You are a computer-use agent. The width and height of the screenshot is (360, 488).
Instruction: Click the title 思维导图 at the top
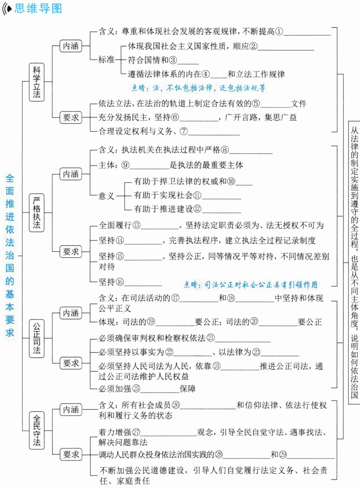tap(38, 8)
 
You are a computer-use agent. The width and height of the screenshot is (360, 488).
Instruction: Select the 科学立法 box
tap(37, 82)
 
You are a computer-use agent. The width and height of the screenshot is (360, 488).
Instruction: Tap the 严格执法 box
tap(37, 213)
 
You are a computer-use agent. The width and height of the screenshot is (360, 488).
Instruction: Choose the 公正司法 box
tap(37, 338)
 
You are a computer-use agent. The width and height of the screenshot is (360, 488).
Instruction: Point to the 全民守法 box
tap(37, 430)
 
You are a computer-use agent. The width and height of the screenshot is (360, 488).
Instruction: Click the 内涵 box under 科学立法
tap(71, 46)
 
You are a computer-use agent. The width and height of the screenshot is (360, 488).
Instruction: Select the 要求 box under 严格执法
tap(71, 251)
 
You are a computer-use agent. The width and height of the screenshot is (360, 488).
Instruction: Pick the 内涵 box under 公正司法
tap(71, 313)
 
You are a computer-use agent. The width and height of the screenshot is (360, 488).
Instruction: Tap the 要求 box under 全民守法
tap(71, 454)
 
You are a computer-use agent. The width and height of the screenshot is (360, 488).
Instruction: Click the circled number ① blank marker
tap(279, 31)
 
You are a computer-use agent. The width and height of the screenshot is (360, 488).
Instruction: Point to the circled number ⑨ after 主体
tap(125, 165)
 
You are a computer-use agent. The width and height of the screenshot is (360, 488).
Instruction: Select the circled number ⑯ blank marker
tap(120, 282)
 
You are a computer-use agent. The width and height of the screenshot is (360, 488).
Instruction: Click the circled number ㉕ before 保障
tap(136, 388)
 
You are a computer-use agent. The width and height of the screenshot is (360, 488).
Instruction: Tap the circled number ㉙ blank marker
tap(283, 455)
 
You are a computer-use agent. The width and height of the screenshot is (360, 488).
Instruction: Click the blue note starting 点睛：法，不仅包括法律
tap(198, 88)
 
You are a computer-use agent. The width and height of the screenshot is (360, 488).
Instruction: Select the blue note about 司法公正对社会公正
tap(250, 284)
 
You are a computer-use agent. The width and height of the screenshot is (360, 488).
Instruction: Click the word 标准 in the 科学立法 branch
tap(107, 59)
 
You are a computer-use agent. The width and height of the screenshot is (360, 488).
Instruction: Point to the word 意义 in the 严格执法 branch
tap(107, 196)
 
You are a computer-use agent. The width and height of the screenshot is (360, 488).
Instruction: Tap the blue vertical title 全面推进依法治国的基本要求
tap(10, 255)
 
